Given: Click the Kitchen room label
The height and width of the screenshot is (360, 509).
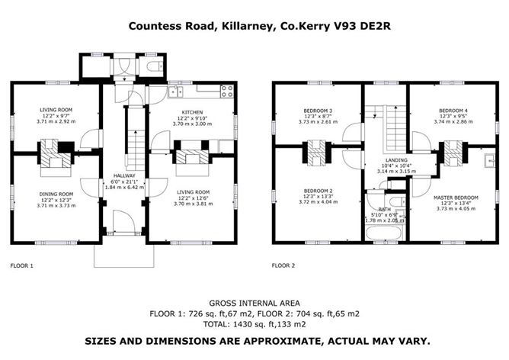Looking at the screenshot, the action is coord(192,112).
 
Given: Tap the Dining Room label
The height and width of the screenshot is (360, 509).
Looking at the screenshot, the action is coord(56,194).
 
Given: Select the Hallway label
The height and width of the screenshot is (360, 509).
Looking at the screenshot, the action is coord(124,175).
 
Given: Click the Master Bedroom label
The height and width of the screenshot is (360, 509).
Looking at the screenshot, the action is coord(456,198).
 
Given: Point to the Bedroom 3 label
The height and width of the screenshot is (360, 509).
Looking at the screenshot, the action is coord(318,111).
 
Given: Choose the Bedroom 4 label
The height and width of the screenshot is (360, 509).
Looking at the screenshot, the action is coord(453,111).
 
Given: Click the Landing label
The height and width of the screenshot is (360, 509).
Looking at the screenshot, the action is coord(396,160).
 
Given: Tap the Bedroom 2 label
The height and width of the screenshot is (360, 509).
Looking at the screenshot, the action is coord(319,191).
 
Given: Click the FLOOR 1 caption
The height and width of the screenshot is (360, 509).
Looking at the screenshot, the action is coord(22,265).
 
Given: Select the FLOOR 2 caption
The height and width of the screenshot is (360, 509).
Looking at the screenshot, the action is coord(283,265).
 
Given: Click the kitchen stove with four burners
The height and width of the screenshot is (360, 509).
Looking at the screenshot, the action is coord(226,92).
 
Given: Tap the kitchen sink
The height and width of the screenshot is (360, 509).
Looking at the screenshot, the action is coord(175,92).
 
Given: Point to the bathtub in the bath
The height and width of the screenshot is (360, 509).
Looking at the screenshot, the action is coord(385,233).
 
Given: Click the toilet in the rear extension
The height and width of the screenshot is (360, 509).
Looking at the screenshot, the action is coord(154,66).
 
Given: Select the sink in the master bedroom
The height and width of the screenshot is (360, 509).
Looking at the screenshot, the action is coord(489,161).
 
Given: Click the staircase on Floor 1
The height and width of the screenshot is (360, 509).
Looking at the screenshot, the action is coord(136,149).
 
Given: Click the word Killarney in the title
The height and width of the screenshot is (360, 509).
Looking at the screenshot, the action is coord(247,26).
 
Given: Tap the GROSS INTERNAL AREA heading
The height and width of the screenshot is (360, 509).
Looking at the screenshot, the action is coord(254,303).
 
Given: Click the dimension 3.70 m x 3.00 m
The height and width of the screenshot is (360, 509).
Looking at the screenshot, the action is coord(192,124).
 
